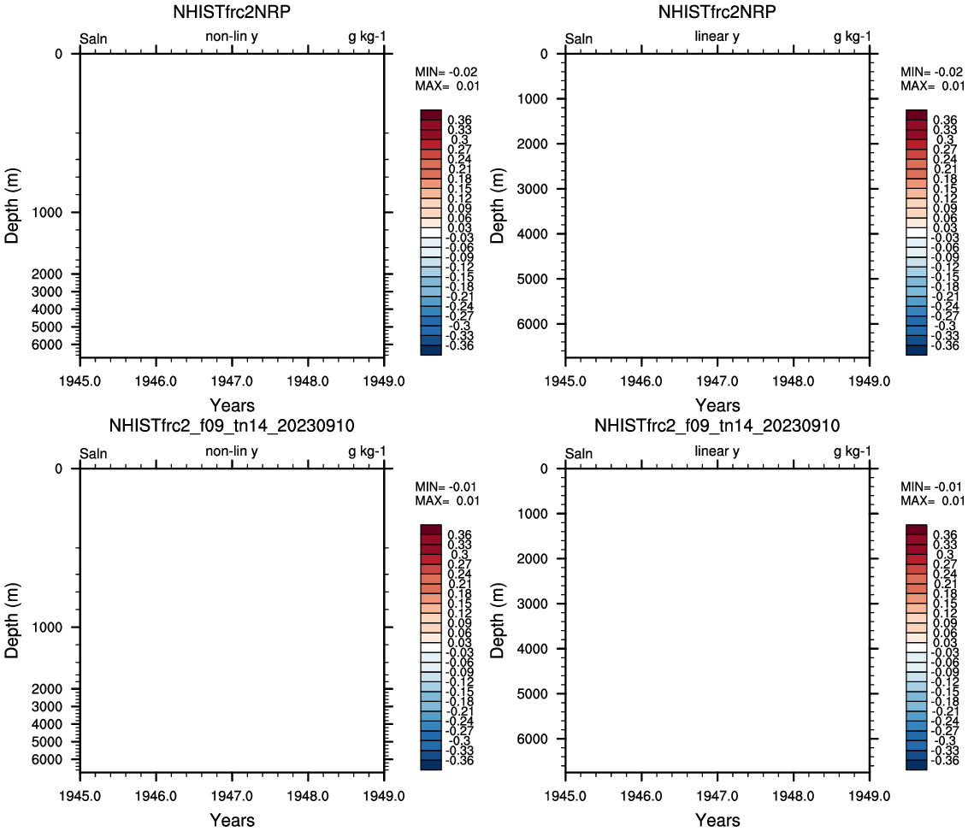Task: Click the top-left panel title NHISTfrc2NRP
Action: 232,13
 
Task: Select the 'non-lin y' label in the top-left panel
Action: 232,37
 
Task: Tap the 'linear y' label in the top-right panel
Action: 717,37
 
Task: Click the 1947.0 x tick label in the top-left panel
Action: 232,382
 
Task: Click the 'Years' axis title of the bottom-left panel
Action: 232,821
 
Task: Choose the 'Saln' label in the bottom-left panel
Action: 94,453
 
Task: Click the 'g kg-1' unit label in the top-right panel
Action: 853,37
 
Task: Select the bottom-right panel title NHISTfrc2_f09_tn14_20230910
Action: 717,426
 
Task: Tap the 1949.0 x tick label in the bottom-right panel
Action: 870,797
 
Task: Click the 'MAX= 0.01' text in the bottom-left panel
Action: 447,500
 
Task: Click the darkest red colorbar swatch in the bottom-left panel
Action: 431,530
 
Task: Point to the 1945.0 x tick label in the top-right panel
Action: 565,382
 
